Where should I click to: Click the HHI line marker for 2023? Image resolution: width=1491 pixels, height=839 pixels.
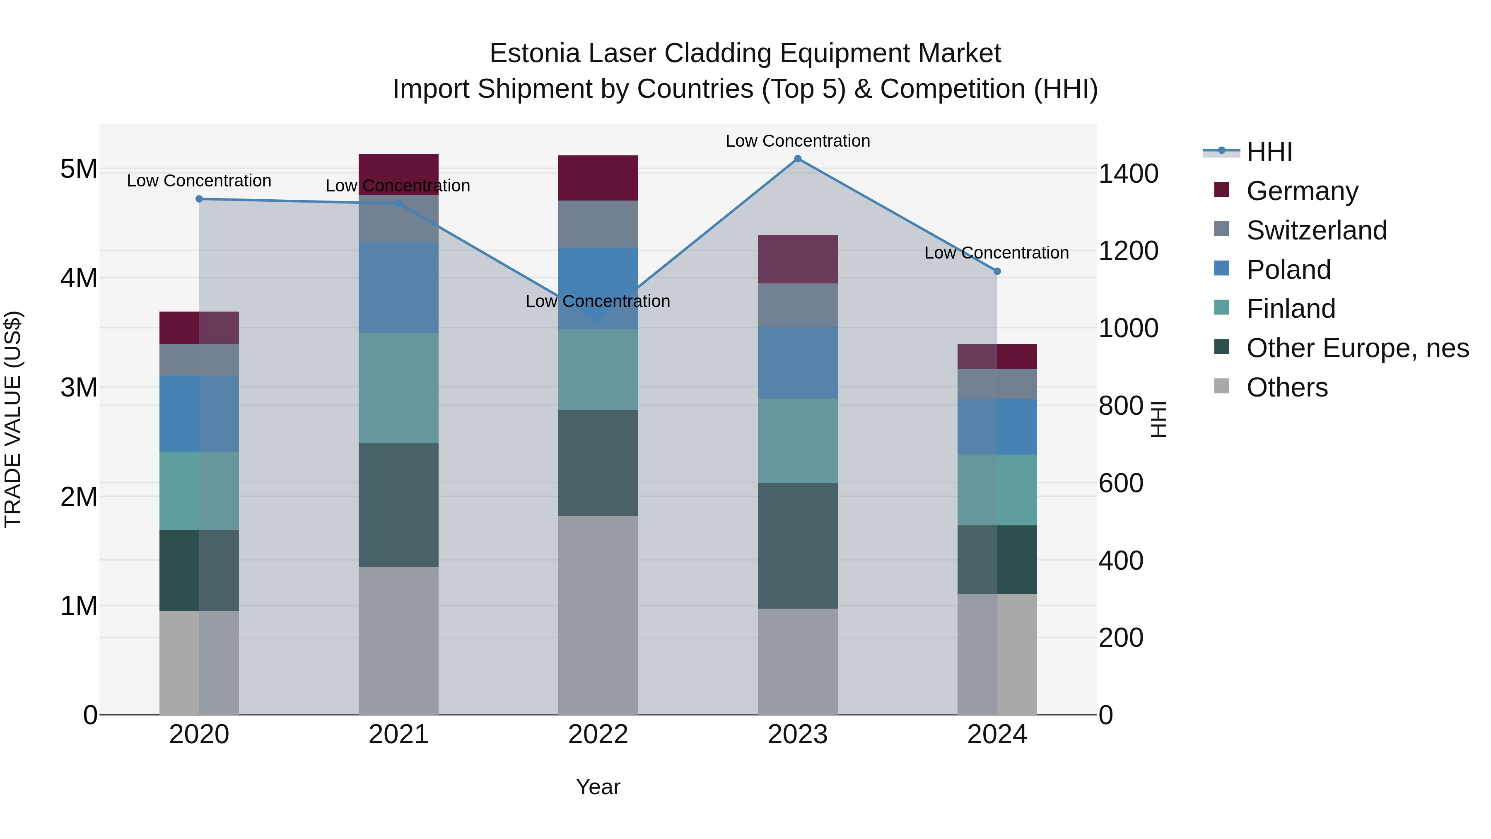pyautogui.click(x=798, y=159)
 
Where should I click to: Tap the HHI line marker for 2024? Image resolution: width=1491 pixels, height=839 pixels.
pyautogui.click(x=997, y=271)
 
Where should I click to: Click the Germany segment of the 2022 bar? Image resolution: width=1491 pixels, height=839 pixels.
pyautogui.click(x=598, y=178)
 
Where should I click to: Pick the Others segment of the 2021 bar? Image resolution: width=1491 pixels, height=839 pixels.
pyautogui.click(x=398, y=641)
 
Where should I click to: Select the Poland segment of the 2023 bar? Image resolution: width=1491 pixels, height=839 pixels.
pyautogui.click(x=798, y=363)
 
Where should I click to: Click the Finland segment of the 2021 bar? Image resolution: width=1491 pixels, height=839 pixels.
pyautogui.click(x=398, y=388)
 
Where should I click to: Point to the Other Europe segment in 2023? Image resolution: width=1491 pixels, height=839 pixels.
pyautogui.click(x=798, y=545)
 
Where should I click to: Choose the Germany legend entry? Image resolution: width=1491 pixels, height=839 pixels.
pyautogui.click(x=1302, y=191)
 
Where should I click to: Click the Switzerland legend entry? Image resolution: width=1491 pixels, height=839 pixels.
pyautogui.click(x=1316, y=230)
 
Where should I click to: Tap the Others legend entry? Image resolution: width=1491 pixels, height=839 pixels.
pyautogui.click(x=1287, y=387)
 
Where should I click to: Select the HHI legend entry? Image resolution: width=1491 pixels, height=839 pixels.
pyautogui.click(x=1269, y=152)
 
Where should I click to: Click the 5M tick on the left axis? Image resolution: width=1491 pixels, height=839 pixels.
pyautogui.click(x=79, y=169)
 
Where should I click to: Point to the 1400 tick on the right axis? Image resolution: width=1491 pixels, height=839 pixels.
pyautogui.click(x=1128, y=174)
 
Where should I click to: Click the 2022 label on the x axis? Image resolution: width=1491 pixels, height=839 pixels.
pyautogui.click(x=598, y=735)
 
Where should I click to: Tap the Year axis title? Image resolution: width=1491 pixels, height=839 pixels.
pyautogui.click(x=598, y=787)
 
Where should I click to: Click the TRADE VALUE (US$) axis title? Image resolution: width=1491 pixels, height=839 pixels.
pyautogui.click(x=13, y=419)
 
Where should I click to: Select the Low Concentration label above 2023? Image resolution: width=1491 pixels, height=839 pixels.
pyautogui.click(x=798, y=141)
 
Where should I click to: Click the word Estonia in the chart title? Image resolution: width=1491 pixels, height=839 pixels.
pyautogui.click(x=534, y=53)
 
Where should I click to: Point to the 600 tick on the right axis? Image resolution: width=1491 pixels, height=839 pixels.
pyautogui.click(x=1121, y=483)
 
